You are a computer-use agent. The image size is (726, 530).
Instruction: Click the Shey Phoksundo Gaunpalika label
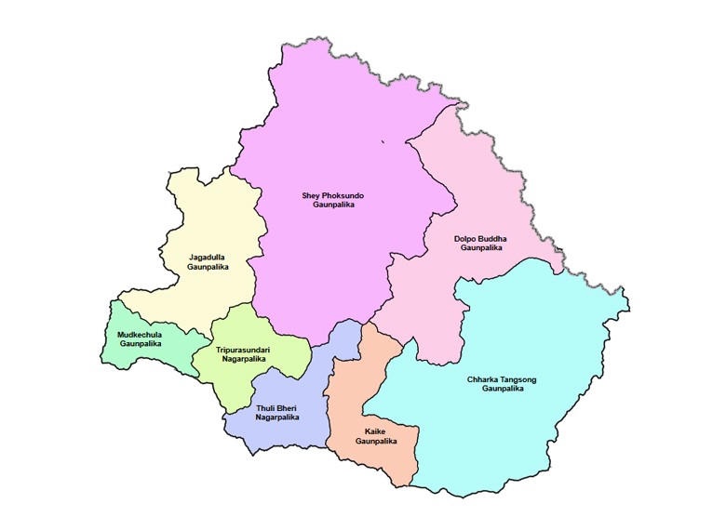pyautogui.click(x=332, y=200)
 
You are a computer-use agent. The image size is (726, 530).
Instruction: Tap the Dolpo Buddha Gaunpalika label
pyautogui.click(x=480, y=244)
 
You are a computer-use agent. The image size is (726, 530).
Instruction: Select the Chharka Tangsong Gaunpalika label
pyautogui.click(x=503, y=384)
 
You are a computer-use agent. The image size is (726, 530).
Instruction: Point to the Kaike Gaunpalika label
pyautogui.click(x=376, y=436)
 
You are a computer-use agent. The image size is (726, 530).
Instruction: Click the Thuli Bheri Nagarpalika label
pyautogui.click(x=278, y=413)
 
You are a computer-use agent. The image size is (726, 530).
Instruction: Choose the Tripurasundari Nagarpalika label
pyautogui.click(x=241, y=354)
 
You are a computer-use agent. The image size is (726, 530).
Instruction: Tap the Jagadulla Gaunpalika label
pyautogui.click(x=208, y=261)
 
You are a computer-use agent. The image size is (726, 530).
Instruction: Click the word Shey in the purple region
pyautogui.click(x=312, y=195)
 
